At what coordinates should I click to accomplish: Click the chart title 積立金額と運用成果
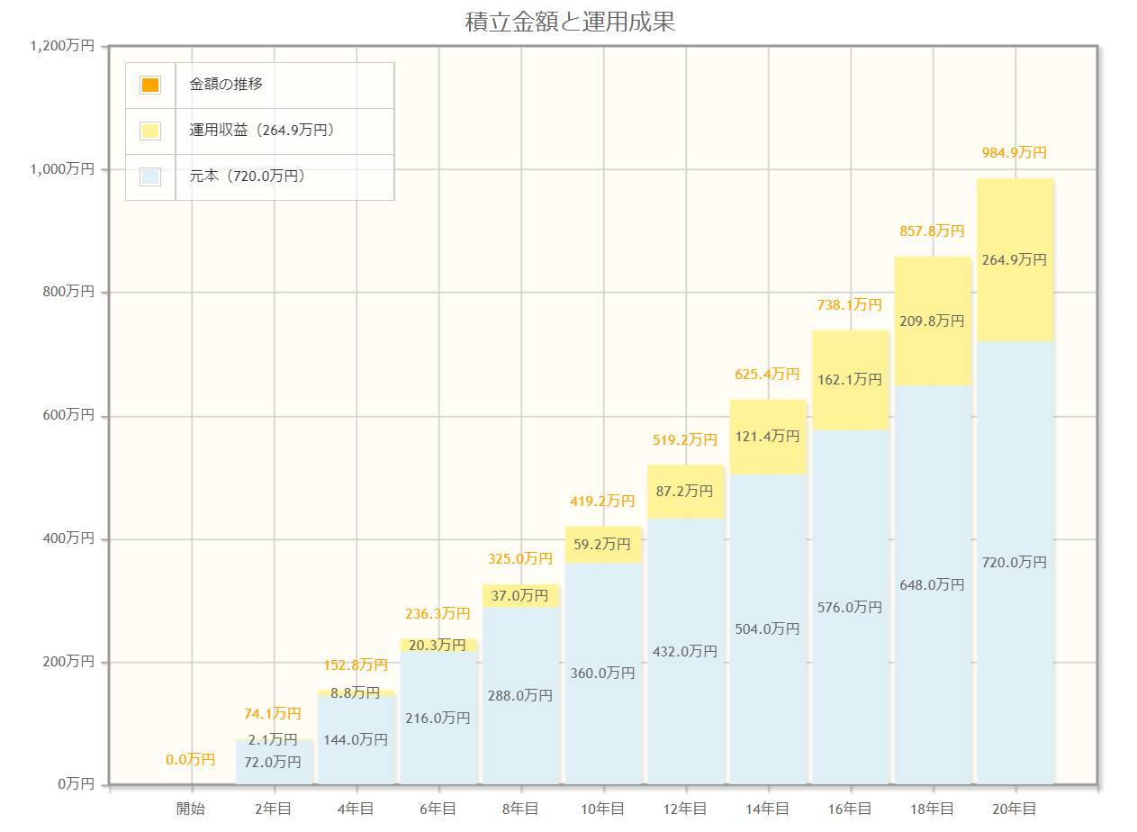tap(569, 22)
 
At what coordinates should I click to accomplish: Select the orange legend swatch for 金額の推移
tap(150, 85)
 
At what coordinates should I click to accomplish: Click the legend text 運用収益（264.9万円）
tap(262, 131)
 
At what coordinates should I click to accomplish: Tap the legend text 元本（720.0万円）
tap(248, 176)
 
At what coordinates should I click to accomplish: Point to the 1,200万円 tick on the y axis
tap(61, 46)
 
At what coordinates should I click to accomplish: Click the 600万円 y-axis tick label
tap(68, 415)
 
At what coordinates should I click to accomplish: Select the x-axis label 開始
tap(191, 809)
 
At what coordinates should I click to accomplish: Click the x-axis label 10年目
tap(602, 809)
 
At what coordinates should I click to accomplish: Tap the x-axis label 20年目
tap(1015, 809)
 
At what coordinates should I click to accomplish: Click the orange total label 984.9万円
tap(1015, 153)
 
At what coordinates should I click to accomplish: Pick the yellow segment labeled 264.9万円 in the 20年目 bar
tap(1015, 260)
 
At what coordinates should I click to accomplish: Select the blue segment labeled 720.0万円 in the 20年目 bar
tap(1015, 563)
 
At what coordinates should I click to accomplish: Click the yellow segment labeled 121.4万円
tap(767, 437)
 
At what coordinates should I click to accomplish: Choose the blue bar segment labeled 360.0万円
tap(602, 674)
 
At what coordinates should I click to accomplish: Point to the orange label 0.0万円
tap(191, 760)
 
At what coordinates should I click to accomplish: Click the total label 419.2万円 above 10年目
tap(602, 501)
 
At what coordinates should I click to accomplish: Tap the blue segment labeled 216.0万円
tap(438, 719)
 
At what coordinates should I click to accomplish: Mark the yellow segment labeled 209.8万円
tap(932, 321)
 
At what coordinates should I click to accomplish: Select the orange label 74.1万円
tap(273, 714)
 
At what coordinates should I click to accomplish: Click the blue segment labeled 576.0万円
tap(850, 608)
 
